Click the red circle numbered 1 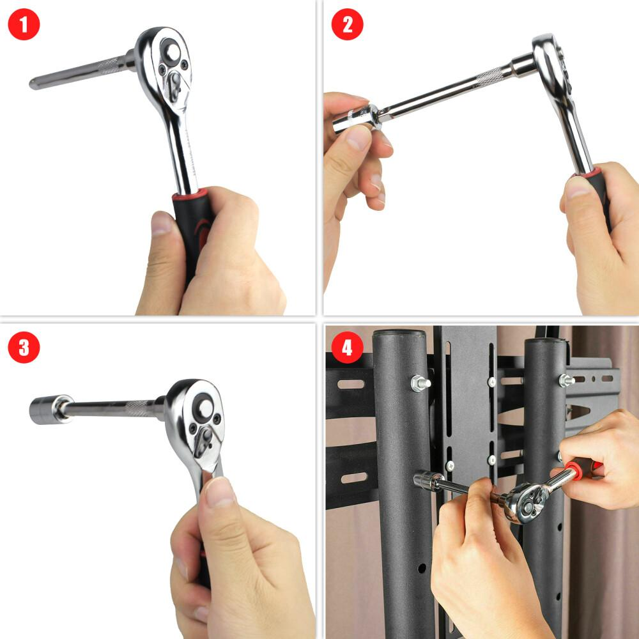[24, 24]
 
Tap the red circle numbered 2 [347, 24]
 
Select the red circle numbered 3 [24, 347]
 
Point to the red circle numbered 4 [347, 347]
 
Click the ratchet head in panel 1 [165, 67]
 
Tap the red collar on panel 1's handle [190, 194]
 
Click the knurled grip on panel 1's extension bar [110, 65]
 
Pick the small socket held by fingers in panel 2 [355, 119]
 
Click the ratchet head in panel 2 [553, 65]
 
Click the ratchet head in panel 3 [196, 424]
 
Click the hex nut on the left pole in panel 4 [420, 383]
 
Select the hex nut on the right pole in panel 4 [566, 380]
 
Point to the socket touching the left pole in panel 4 [428, 481]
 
